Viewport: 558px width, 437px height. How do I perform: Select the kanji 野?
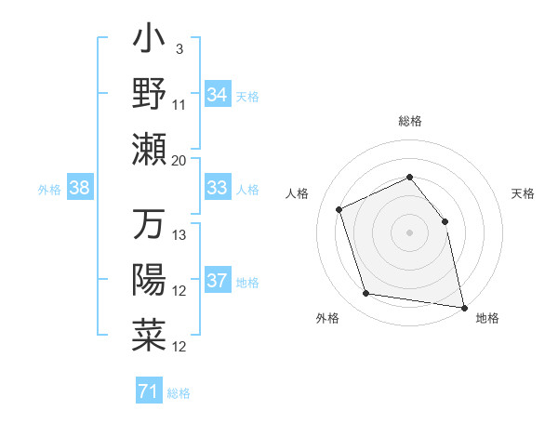(149, 96)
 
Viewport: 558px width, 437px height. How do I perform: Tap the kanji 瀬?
(149, 149)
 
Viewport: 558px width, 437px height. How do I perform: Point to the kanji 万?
(149, 226)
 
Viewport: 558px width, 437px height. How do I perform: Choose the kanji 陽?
(149, 280)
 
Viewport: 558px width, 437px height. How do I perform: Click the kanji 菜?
(149, 335)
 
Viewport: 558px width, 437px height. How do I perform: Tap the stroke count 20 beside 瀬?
(179, 160)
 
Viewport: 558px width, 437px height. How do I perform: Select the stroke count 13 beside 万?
(179, 235)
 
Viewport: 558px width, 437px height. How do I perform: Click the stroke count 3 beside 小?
(179, 47)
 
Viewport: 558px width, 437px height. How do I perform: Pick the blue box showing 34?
(218, 94)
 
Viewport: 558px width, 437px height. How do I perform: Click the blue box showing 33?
(218, 188)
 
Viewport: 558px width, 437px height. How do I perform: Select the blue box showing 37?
(218, 281)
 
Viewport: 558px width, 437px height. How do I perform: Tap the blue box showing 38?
(80, 189)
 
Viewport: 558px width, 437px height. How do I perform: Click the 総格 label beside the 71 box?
(179, 393)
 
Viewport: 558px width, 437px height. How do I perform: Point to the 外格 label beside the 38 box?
(49, 190)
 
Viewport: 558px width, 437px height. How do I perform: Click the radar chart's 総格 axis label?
(409, 121)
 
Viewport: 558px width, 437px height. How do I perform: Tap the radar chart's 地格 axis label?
(487, 319)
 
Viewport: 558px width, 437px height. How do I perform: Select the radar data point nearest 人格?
(339, 209)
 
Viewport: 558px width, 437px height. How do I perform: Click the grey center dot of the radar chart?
(409, 232)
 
